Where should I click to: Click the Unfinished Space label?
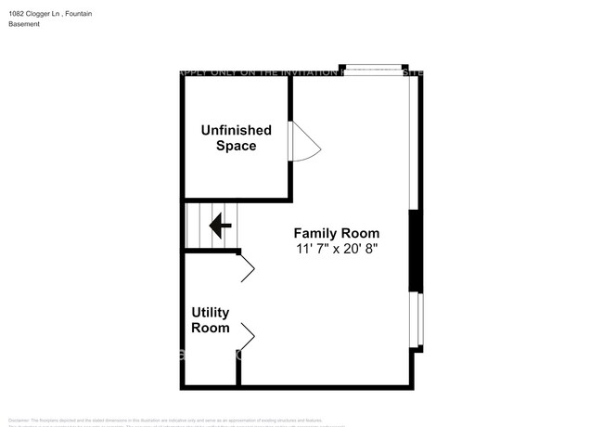tap(237, 138)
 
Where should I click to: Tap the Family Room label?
tap(336, 233)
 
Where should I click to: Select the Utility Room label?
tap(211, 320)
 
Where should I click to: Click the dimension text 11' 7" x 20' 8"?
tap(337, 249)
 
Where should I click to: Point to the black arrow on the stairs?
tap(220, 226)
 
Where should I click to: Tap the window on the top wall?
tap(374, 69)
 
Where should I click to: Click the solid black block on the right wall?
tap(416, 251)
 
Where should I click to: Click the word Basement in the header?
tap(25, 24)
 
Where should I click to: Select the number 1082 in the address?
tap(18, 13)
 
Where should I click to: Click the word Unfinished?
tap(237, 131)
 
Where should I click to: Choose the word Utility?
tap(211, 313)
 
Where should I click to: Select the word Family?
tap(314, 233)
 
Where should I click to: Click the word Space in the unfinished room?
tap(237, 147)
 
